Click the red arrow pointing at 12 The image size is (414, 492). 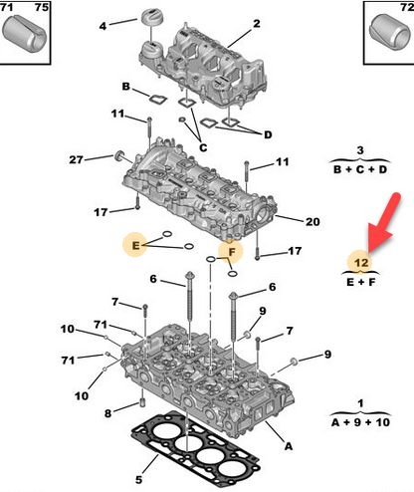384,226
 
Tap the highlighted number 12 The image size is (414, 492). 361,263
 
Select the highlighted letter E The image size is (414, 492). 135,246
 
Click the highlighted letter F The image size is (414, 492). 232,252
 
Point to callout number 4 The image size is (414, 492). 103,26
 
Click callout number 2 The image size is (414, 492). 257,24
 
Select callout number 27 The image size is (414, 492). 76,160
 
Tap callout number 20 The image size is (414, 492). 312,221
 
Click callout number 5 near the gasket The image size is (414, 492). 139,479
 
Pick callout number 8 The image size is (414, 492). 107,413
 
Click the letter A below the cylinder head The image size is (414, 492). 289,446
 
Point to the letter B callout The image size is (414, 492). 125,87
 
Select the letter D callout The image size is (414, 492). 268,134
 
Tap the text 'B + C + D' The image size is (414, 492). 360,169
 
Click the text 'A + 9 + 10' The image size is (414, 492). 360,422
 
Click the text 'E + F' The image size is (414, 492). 361,282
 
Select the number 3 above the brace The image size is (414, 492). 360,150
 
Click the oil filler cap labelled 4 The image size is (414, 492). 151,16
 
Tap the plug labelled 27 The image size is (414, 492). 119,155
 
